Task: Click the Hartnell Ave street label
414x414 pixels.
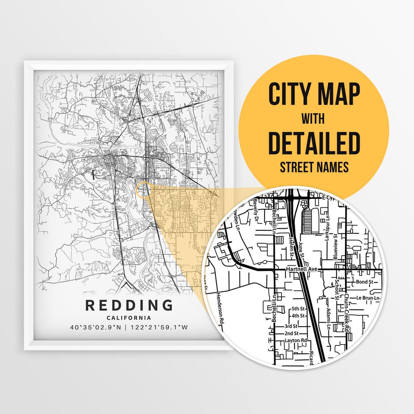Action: click(302, 270)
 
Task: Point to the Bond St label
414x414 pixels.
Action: click(364, 282)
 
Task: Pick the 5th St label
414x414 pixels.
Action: click(297, 309)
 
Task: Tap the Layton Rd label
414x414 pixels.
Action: click(296, 340)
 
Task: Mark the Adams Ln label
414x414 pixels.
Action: click(329, 320)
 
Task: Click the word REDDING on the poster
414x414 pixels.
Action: click(129, 306)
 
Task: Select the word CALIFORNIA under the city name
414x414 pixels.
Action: click(129, 318)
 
